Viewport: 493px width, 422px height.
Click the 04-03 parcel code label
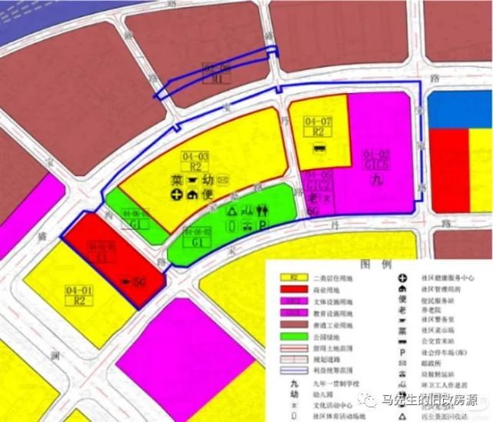click(x=195, y=157)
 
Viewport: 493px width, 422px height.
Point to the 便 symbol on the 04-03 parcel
click(x=207, y=194)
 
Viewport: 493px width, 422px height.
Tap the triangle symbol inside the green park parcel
click(x=232, y=209)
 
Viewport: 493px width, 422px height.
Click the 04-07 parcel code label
click(x=318, y=122)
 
